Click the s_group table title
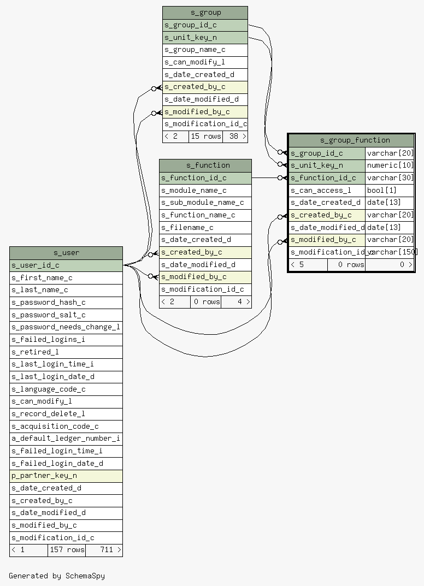(x=205, y=13)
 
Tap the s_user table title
(x=66, y=253)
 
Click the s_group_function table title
(x=355, y=140)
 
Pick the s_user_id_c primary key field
(x=36, y=265)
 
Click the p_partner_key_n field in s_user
(x=44, y=476)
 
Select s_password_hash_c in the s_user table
(x=49, y=303)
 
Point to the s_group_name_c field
(x=195, y=50)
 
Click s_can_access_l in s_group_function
(x=321, y=190)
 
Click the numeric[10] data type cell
(x=390, y=165)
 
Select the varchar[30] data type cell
(x=390, y=178)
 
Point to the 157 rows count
(x=67, y=550)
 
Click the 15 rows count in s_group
(x=206, y=137)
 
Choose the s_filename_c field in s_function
(x=187, y=228)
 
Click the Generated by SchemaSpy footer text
(x=57, y=576)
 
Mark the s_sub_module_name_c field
(x=203, y=203)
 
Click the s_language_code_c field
(x=49, y=389)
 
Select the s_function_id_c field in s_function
(x=194, y=178)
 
